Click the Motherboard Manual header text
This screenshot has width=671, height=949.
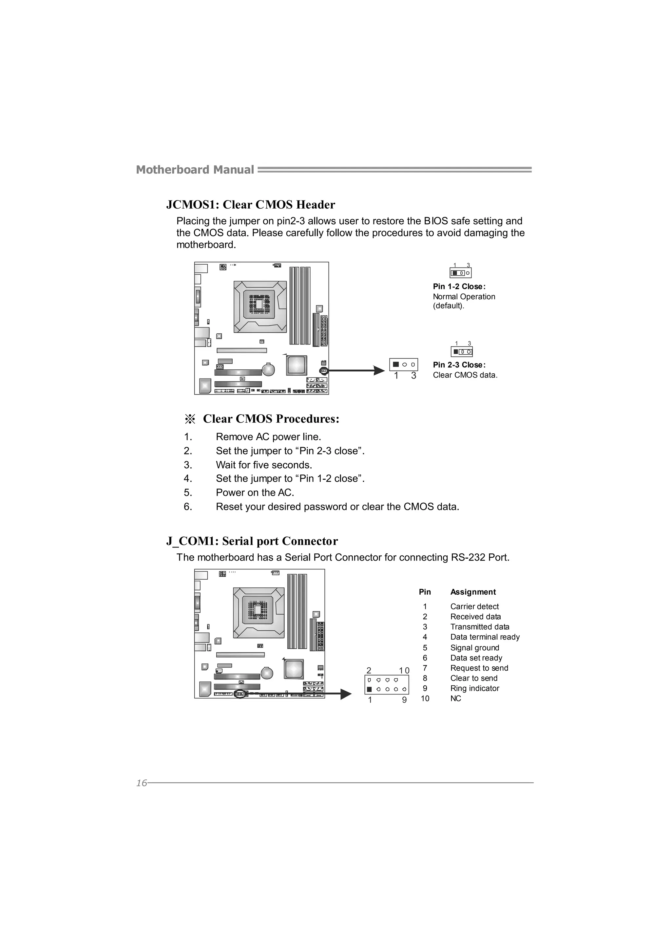coord(195,170)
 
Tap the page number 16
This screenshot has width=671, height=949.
coord(142,783)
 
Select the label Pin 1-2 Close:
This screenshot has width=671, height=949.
coord(459,287)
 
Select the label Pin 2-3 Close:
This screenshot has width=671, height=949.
coord(459,364)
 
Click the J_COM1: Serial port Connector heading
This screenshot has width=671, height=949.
coord(252,541)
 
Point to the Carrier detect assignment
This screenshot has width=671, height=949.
coord(474,606)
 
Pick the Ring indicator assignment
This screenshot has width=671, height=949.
coord(475,688)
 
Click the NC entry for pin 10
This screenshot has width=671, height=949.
coord(456,698)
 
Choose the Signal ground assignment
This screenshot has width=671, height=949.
coord(475,648)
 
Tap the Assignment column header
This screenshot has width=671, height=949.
coord(473,592)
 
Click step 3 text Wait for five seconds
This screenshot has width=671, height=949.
coord(264,465)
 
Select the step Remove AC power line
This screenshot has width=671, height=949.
coord(268,437)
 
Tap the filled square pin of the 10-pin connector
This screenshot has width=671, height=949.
coord(369,689)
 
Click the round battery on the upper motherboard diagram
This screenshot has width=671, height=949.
coord(268,369)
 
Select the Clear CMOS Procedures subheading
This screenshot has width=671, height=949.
coord(271,419)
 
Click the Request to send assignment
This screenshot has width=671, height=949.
coord(479,668)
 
